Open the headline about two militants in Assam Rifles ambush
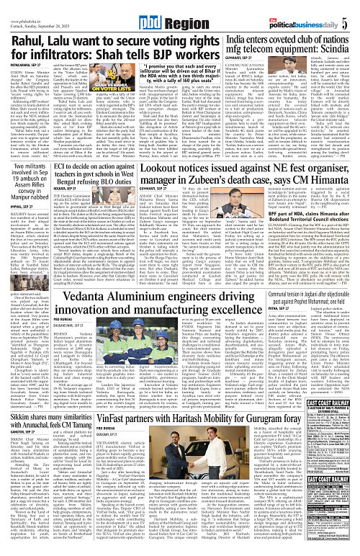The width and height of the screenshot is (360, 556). click(x=31, y=180)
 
